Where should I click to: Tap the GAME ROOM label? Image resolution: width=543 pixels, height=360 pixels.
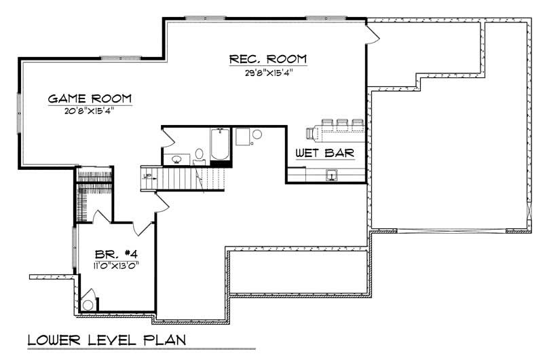tap(89, 98)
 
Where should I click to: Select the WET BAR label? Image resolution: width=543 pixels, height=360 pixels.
tap(324, 154)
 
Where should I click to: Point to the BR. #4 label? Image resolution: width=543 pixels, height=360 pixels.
tap(118, 253)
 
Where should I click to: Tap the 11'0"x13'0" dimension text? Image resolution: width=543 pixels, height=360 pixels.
tap(117, 266)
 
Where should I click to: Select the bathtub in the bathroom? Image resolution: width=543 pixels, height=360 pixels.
tap(219, 144)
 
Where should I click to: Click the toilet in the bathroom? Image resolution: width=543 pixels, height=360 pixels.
tap(200, 154)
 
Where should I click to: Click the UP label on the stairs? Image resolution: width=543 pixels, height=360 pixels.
tap(146, 176)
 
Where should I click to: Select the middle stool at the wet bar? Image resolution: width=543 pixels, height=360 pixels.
tap(341, 124)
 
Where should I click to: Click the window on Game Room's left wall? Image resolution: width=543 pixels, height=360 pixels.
tap(19, 112)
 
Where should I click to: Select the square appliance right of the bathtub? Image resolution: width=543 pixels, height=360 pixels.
tap(243, 137)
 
